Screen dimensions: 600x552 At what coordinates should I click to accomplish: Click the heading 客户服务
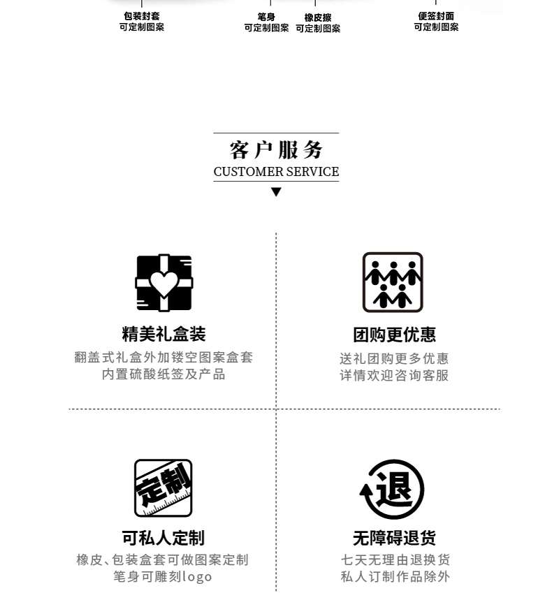(276, 150)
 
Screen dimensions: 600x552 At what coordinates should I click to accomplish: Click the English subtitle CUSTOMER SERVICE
(276, 172)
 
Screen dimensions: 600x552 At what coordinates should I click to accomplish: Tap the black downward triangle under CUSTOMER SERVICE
(276, 192)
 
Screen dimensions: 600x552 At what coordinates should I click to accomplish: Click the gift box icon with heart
(164, 282)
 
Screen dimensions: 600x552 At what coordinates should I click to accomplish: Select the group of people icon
(393, 282)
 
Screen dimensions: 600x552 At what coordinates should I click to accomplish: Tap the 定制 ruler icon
(164, 488)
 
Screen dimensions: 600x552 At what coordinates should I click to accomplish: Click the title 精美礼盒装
(164, 335)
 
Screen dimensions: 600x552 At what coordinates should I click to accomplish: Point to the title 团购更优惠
(394, 335)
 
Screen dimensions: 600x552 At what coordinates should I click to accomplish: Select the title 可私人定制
(164, 539)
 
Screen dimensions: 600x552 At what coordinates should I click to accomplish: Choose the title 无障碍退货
(394, 539)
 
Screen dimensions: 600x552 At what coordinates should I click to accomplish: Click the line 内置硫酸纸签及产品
(164, 375)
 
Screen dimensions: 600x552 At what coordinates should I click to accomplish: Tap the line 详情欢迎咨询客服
(394, 376)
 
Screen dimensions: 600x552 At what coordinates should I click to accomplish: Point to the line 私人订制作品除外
(395, 577)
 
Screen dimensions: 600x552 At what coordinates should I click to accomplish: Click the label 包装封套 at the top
(142, 16)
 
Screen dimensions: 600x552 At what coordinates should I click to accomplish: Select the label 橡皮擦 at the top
(318, 17)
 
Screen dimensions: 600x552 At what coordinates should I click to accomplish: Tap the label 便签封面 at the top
(436, 16)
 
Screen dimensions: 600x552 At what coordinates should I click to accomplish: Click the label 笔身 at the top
(266, 17)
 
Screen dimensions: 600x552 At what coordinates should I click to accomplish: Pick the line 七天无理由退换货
(395, 560)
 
